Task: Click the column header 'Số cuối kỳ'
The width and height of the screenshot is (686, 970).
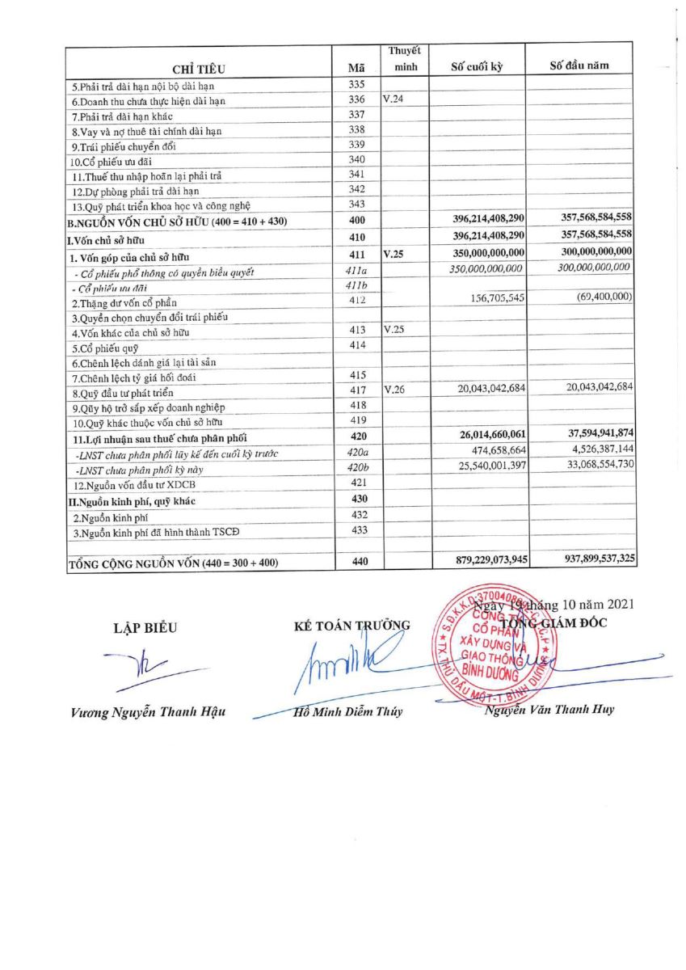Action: pos(477,67)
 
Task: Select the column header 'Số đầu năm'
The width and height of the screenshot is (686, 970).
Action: pos(579,65)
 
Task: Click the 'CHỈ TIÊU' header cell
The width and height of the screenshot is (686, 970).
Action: pos(199,67)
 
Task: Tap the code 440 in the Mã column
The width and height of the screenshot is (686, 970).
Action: pos(358,562)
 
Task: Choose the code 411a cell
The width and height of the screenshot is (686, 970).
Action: pos(357,271)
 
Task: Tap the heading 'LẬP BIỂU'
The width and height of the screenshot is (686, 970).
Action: pos(145,626)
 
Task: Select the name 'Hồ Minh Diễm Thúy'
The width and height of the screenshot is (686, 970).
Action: pos(348,712)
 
